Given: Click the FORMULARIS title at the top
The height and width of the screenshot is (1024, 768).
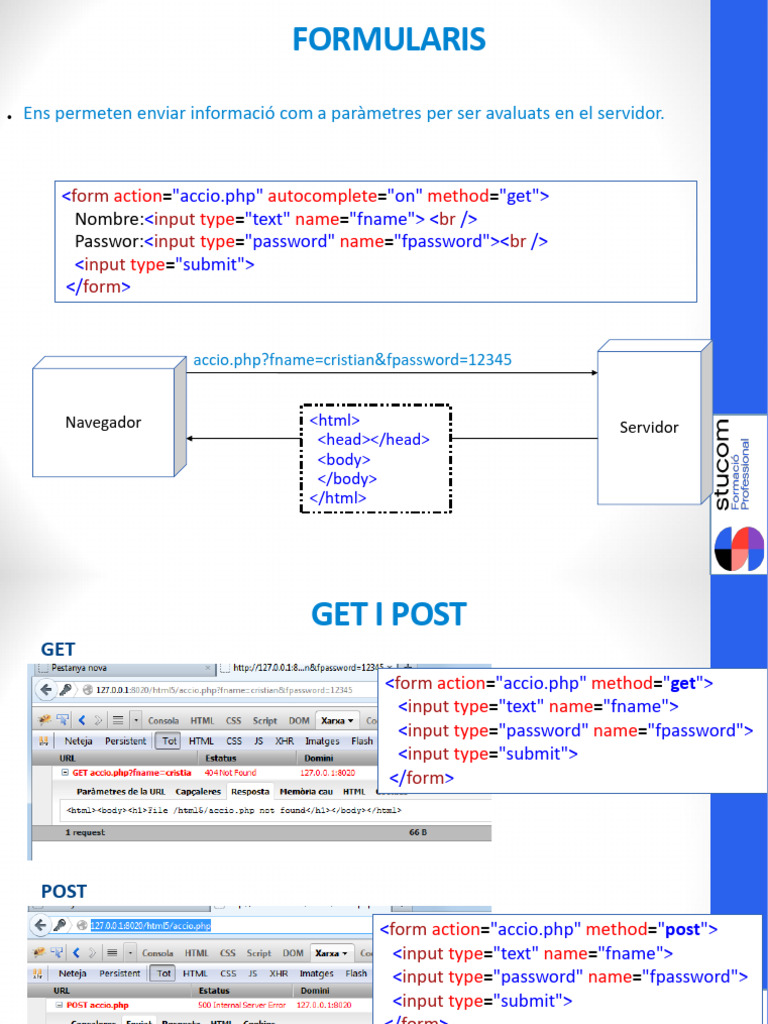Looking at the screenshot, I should coord(388,39).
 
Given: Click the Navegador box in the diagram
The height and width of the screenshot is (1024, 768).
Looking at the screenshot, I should coord(103,422).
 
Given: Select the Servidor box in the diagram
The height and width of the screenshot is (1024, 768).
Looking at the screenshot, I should coord(649,427).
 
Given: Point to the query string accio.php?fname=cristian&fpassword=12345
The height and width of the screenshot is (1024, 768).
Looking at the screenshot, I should coord(352,359).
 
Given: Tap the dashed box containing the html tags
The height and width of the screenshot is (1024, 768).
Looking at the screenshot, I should coord(376,459).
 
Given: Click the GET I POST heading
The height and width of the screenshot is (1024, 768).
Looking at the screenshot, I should coord(388,613).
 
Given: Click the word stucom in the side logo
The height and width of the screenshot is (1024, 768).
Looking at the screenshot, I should coord(723,464).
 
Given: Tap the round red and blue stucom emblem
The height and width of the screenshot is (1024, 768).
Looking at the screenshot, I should coord(739,549).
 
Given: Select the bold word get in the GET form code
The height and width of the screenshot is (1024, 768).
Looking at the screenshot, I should coord(682,684).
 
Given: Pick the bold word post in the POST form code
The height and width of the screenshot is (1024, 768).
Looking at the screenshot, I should coord(683,930).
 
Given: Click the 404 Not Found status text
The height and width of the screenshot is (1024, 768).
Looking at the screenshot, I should coord(230,773).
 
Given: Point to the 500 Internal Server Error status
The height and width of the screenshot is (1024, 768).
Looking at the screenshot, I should coord(242,1005).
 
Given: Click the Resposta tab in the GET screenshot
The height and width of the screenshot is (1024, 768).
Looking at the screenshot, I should coord(250,791).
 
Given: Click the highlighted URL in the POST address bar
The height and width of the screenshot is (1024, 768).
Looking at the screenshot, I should coord(151,926).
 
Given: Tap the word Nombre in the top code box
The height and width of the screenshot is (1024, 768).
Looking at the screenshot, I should coord(108,219).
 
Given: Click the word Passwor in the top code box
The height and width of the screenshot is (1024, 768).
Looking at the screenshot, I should coord(108,241).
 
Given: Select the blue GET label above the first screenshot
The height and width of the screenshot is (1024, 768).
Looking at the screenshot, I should coord(58,649).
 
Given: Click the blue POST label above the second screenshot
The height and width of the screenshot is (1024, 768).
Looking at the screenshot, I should coord(64,891).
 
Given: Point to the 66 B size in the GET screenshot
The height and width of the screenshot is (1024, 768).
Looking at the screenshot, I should coord(418,831).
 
